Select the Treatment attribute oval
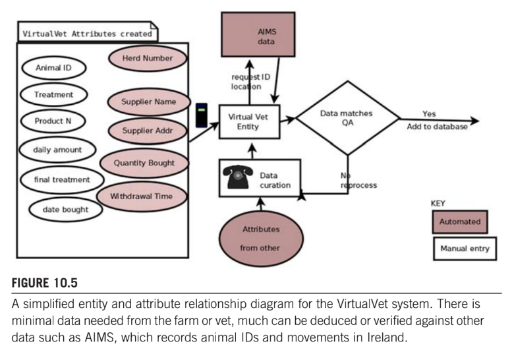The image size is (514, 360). click(x=53, y=95)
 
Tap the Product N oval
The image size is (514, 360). click(x=53, y=121)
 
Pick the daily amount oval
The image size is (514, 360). click(x=57, y=150)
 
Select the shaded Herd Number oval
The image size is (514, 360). click(x=148, y=58)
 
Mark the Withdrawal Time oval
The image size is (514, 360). click(x=142, y=195)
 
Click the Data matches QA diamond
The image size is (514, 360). click(x=347, y=119)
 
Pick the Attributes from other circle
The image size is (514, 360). click(x=261, y=239)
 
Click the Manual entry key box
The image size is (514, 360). click(x=464, y=249)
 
